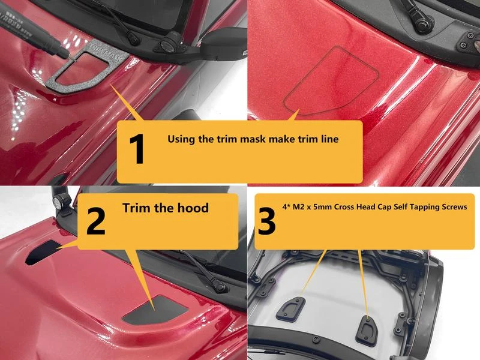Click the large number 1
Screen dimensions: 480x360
(x=137, y=149)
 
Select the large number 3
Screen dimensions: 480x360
(x=266, y=221)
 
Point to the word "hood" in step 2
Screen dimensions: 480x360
(x=193, y=208)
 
